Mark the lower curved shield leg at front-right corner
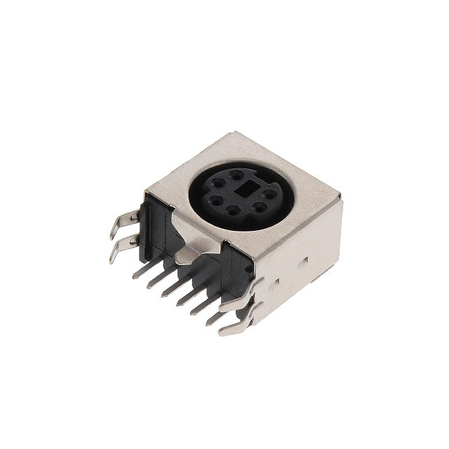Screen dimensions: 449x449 236,324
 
